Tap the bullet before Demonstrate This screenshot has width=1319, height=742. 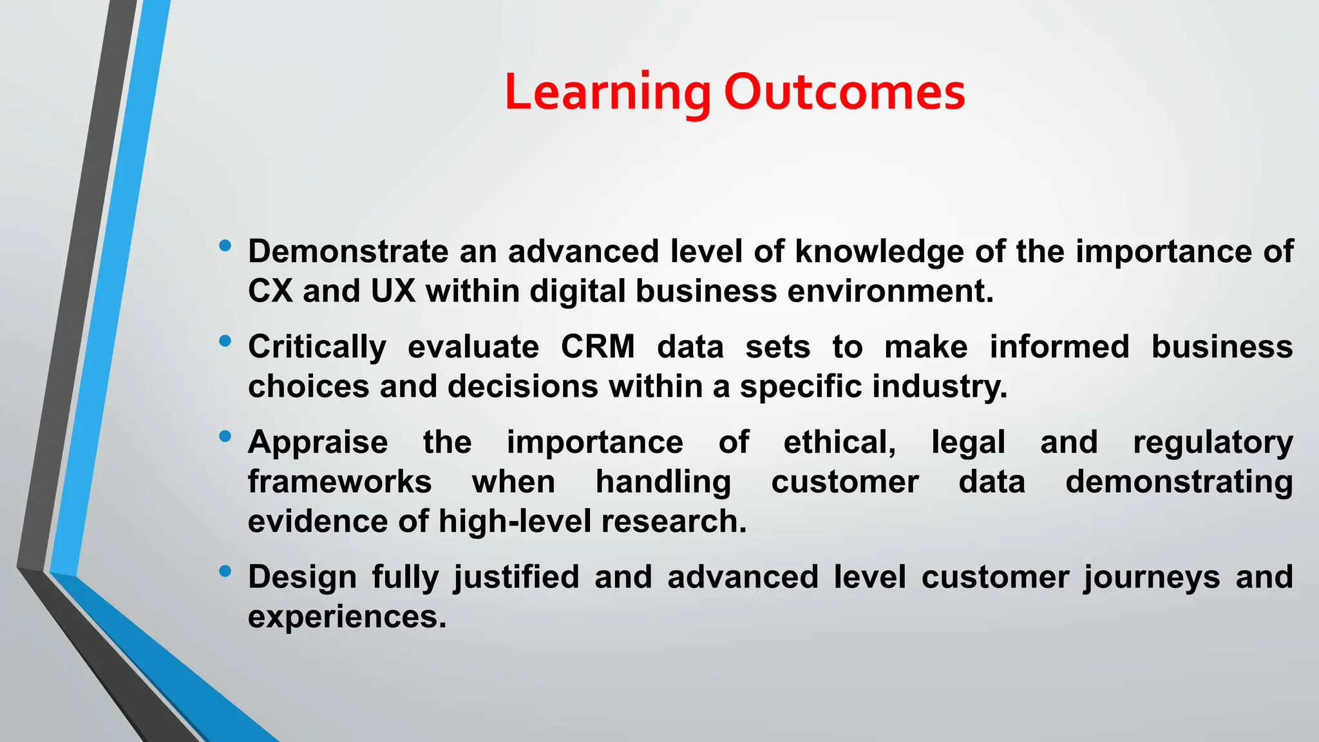(225, 245)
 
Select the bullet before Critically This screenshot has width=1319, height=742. (225, 341)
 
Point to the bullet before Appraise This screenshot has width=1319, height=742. (225, 437)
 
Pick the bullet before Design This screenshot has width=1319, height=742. (225, 571)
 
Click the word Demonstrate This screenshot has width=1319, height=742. (348, 251)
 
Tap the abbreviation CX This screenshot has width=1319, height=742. (270, 291)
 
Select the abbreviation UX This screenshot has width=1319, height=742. (393, 291)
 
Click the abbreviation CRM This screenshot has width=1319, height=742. (598, 347)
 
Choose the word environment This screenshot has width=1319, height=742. (889, 291)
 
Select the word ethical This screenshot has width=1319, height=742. (839, 443)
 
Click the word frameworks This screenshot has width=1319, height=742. (339, 482)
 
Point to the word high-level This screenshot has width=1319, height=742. (515, 522)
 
